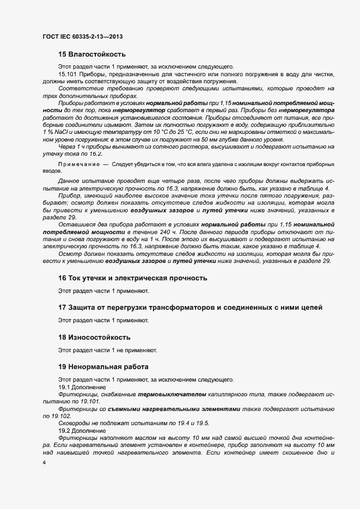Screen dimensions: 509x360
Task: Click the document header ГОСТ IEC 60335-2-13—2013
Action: coord(82,36)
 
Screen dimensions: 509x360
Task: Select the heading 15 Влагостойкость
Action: coord(92,54)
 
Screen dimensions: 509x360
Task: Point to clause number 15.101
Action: coord(68,73)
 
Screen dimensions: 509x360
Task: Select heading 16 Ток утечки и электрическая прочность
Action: coord(132,278)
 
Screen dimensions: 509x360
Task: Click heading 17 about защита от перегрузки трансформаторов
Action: coord(190,308)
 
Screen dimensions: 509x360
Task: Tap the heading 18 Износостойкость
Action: coord(94,338)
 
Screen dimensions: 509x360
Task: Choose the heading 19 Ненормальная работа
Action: coord(103,366)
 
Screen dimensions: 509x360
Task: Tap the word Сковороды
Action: coord(74,423)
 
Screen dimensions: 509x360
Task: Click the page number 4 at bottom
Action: coord(44,462)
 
